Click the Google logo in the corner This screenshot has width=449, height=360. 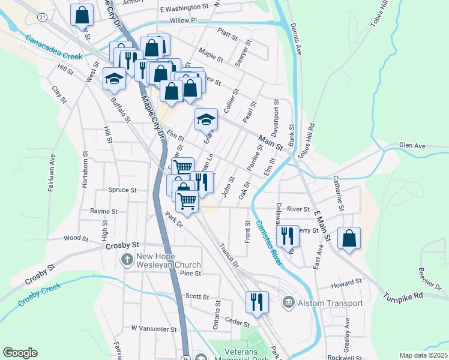point(20,353)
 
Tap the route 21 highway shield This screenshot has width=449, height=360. point(41,18)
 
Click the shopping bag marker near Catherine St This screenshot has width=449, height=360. point(349,239)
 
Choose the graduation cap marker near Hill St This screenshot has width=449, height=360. point(114,79)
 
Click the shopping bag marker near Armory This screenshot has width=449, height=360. point(82,16)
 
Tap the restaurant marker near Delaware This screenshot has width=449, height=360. point(288,236)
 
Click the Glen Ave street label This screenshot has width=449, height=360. point(412,146)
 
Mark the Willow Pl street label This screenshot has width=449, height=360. point(183,20)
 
